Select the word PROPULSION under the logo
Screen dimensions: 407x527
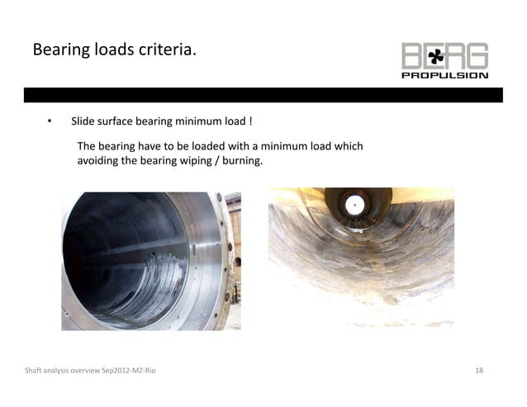(445, 75)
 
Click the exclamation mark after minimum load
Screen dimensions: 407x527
(250, 122)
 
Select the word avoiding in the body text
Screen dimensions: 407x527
(97, 161)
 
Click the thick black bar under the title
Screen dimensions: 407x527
(263, 95)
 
